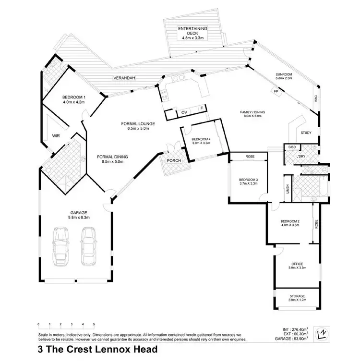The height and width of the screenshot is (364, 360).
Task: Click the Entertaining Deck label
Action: [192, 29]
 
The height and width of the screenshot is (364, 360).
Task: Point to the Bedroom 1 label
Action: [73, 97]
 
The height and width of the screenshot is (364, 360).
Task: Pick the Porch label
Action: [173, 161]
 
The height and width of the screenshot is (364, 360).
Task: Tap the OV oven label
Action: [184, 112]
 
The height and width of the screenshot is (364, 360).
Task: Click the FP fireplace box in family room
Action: [276, 91]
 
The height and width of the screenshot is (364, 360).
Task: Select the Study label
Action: [306, 133]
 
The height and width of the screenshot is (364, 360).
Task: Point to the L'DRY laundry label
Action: [301, 156]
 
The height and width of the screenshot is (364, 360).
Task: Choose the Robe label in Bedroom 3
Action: [250, 157]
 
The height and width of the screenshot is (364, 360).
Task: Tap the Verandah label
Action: [122, 77]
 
